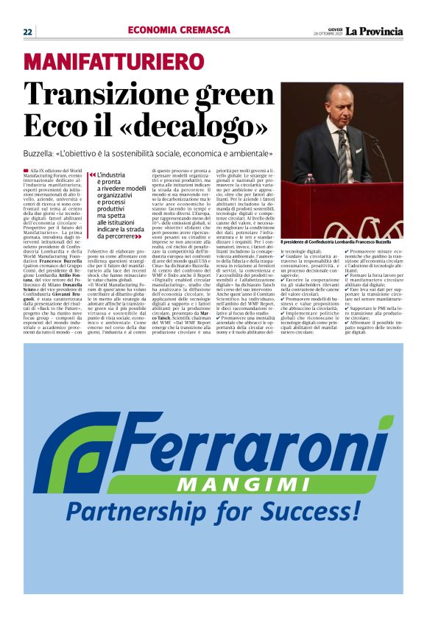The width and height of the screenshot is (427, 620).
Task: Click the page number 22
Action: tap(27, 31)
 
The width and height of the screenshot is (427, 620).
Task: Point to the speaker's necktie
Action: tap(342, 148)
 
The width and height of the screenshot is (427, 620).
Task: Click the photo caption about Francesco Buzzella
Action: tap(342, 242)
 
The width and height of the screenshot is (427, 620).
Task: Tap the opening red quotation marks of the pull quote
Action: tap(91, 175)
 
